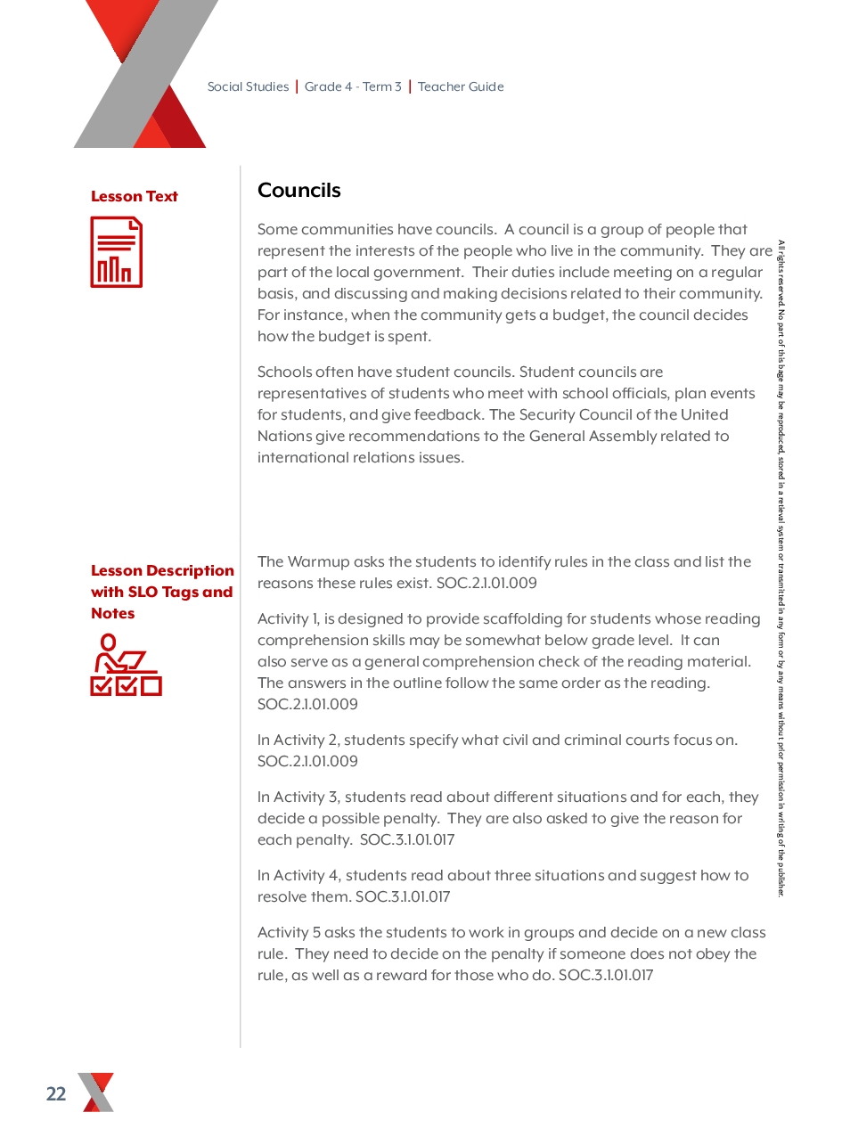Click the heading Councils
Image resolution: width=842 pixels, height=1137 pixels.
coord(299,191)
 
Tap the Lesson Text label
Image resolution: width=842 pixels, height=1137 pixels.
coord(135,197)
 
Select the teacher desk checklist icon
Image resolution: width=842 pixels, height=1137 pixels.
coord(126,665)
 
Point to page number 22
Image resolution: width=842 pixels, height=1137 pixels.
coord(56,1094)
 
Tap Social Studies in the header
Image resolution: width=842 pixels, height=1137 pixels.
coord(248,87)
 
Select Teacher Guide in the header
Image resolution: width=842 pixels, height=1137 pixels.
coord(461,87)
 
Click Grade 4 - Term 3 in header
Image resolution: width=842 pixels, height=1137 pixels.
coord(353,87)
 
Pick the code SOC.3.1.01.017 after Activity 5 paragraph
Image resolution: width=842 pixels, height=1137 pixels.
coord(606,976)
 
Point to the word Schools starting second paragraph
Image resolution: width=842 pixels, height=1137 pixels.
coord(284,372)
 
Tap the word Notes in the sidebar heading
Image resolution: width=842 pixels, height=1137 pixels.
coord(113,614)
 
